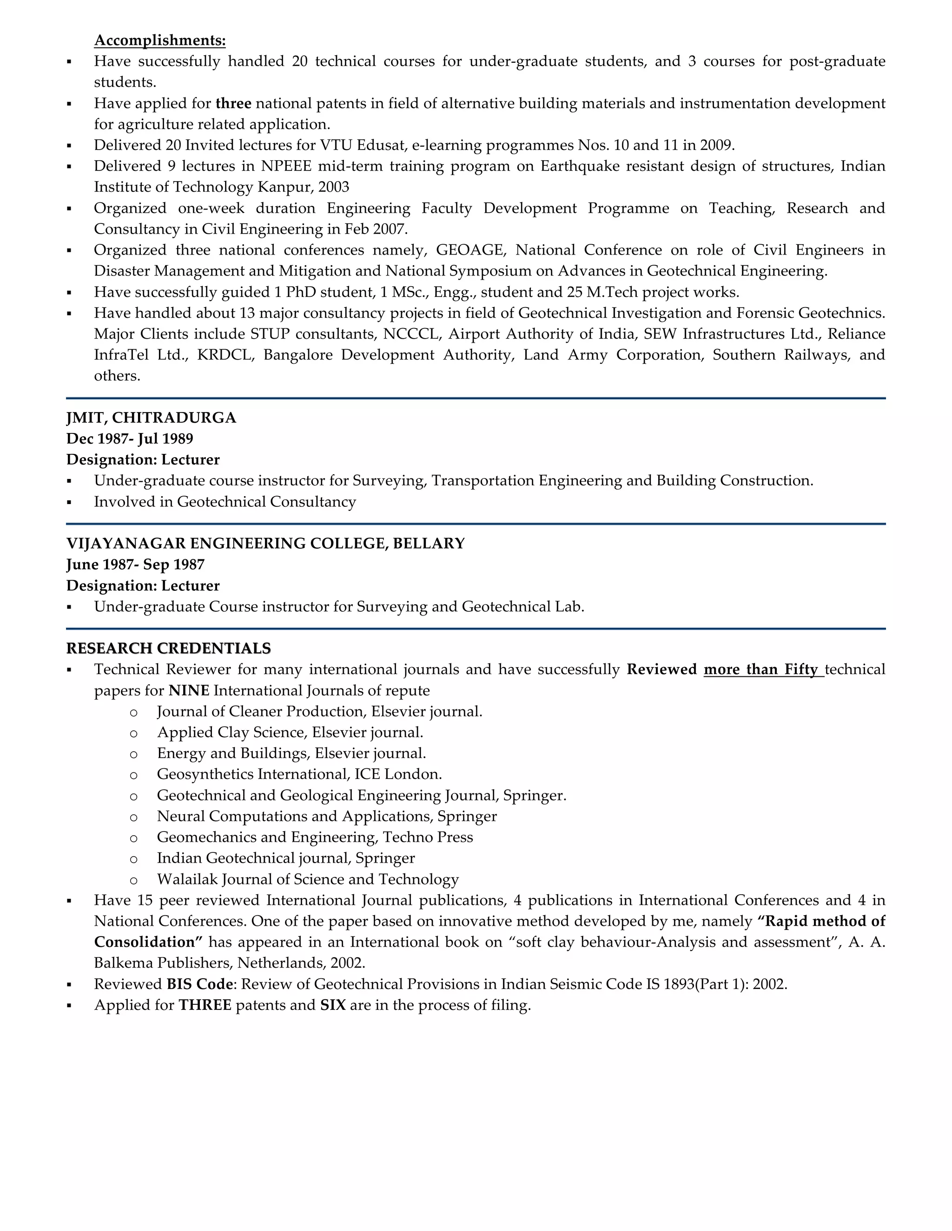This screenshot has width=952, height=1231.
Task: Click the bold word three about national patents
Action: pyautogui.click(x=233, y=104)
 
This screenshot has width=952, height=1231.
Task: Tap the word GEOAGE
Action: pyautogui.click(x=469, y=250)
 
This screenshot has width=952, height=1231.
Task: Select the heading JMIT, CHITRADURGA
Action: pyautogui.click(x=151, y=418)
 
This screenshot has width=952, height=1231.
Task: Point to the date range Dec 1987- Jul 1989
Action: pyautogui.click(x=130, y=439)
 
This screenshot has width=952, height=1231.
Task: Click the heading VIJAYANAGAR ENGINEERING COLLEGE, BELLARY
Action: pyautogui.click(x=265, y=543)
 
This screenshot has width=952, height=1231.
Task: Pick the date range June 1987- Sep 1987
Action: pyautogui.click(x=135, y=565)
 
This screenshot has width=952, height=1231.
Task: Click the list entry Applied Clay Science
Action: pyautogui.click(x=290, y=733)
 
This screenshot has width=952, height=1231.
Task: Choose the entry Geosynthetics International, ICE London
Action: pyautogui.click(x=299, y=774)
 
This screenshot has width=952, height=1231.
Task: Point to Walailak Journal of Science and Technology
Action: pyautogui.click(x=307, y=879)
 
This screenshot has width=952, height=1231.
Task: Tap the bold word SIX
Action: pyautogui.click(x=333, y=1005)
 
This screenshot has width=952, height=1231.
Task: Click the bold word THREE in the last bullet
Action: pyautogui.click(x=205, y=1005)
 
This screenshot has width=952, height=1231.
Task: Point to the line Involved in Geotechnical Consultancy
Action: pyautogui.click(x=225, y=502)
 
